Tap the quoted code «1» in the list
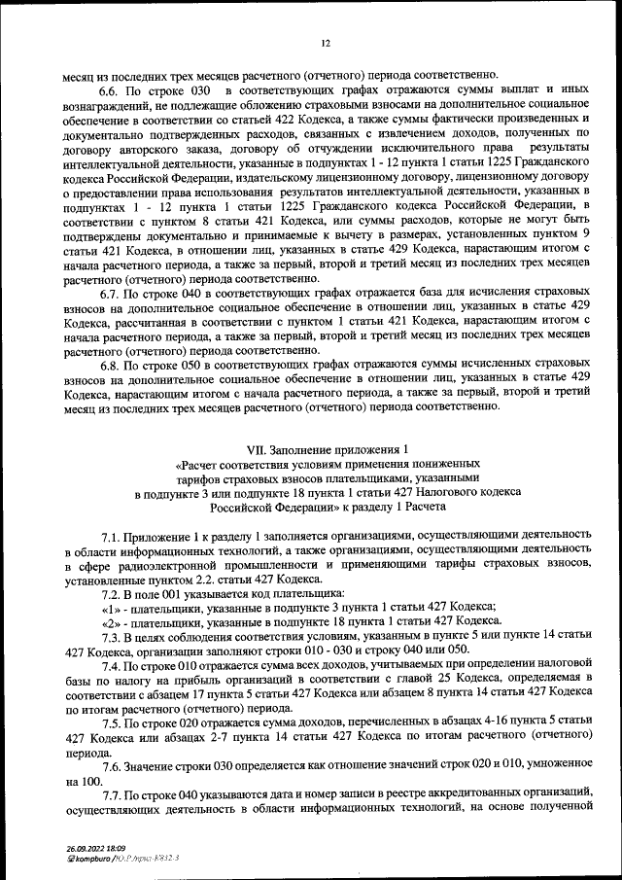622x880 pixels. click(111, 607)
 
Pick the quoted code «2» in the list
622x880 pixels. click(111, 620)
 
